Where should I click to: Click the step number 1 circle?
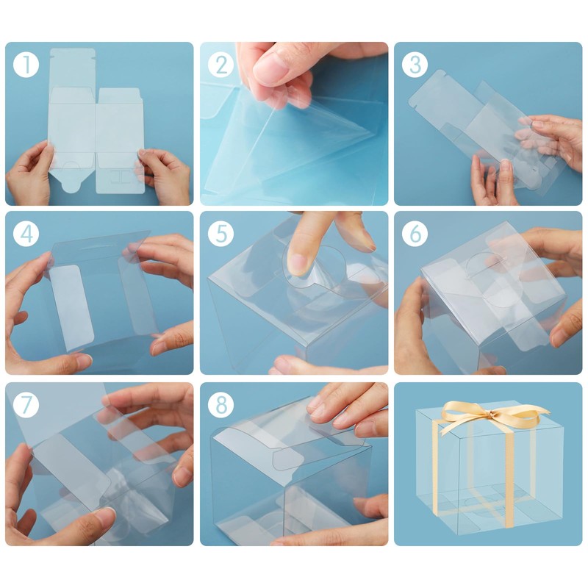(26, 65)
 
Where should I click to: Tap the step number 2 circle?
(221, 65)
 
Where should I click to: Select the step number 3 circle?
(415, 65)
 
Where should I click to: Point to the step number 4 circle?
(26, 234)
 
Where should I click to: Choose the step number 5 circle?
(221, 234)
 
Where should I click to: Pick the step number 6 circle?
(415, 234)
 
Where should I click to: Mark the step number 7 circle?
(26, 405)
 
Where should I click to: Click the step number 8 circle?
(221, 405)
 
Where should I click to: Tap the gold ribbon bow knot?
(489, 414)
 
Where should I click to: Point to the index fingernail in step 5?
(298, 264)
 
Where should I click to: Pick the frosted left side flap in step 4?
(72, 307)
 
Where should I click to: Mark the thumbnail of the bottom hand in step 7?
(105, 516)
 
